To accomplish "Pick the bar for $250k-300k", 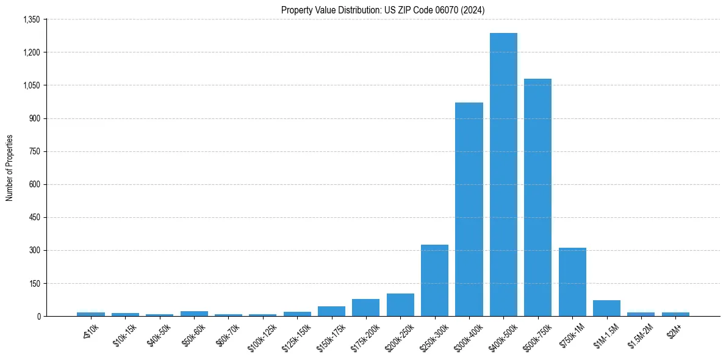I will coord(434,281).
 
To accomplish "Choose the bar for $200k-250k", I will coord(400,305).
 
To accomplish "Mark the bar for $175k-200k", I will coord(365,308).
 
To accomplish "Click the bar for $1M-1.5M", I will coord(606,308).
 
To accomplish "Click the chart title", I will coord(383,10).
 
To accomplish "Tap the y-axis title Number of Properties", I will coord(10,168).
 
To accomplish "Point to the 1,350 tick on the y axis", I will coord(31,20).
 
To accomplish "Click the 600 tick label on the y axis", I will coord(34,184).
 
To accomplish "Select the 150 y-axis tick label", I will coord(34,283).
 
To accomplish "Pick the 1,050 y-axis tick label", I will coord(31,85).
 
